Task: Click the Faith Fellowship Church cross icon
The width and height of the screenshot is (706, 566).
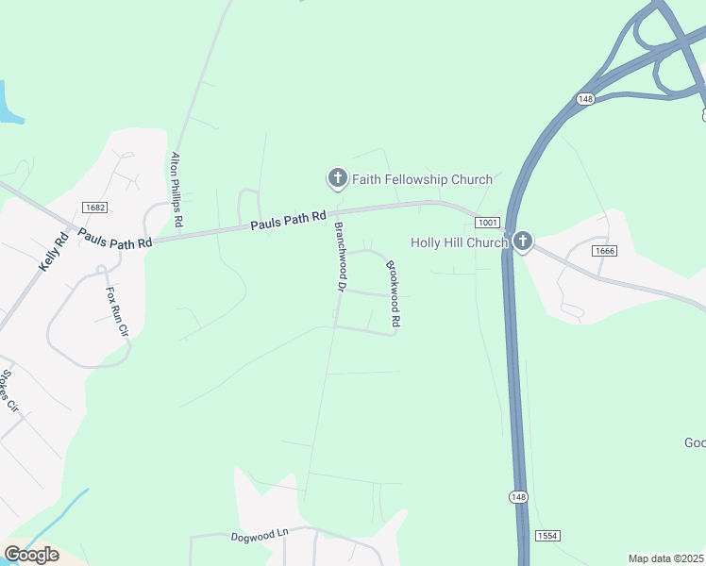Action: click(x=336, y=177)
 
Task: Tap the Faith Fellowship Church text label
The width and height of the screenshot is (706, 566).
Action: click(x=422, y=179)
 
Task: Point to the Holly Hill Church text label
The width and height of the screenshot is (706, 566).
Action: click(x=459, y=242)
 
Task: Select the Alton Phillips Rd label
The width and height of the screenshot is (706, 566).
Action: click(x=176, y=190)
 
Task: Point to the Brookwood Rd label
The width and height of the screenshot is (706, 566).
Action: click(x=392, y=294)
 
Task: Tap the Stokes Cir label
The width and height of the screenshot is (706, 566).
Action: click(x=9, y=391)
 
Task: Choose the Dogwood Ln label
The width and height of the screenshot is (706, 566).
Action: click(x=260, y=535)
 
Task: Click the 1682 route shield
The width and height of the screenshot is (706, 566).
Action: click(x=94, y=208)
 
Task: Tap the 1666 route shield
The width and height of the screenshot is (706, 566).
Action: click(x=605, y=250)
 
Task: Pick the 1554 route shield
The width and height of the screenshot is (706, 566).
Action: click(x=547, y=535)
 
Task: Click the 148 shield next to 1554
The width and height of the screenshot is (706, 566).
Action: click(x=518, y=497)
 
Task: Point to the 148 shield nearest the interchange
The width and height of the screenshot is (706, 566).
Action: click(x=585, y=98)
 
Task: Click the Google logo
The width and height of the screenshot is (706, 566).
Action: click(x=31, y=555)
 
